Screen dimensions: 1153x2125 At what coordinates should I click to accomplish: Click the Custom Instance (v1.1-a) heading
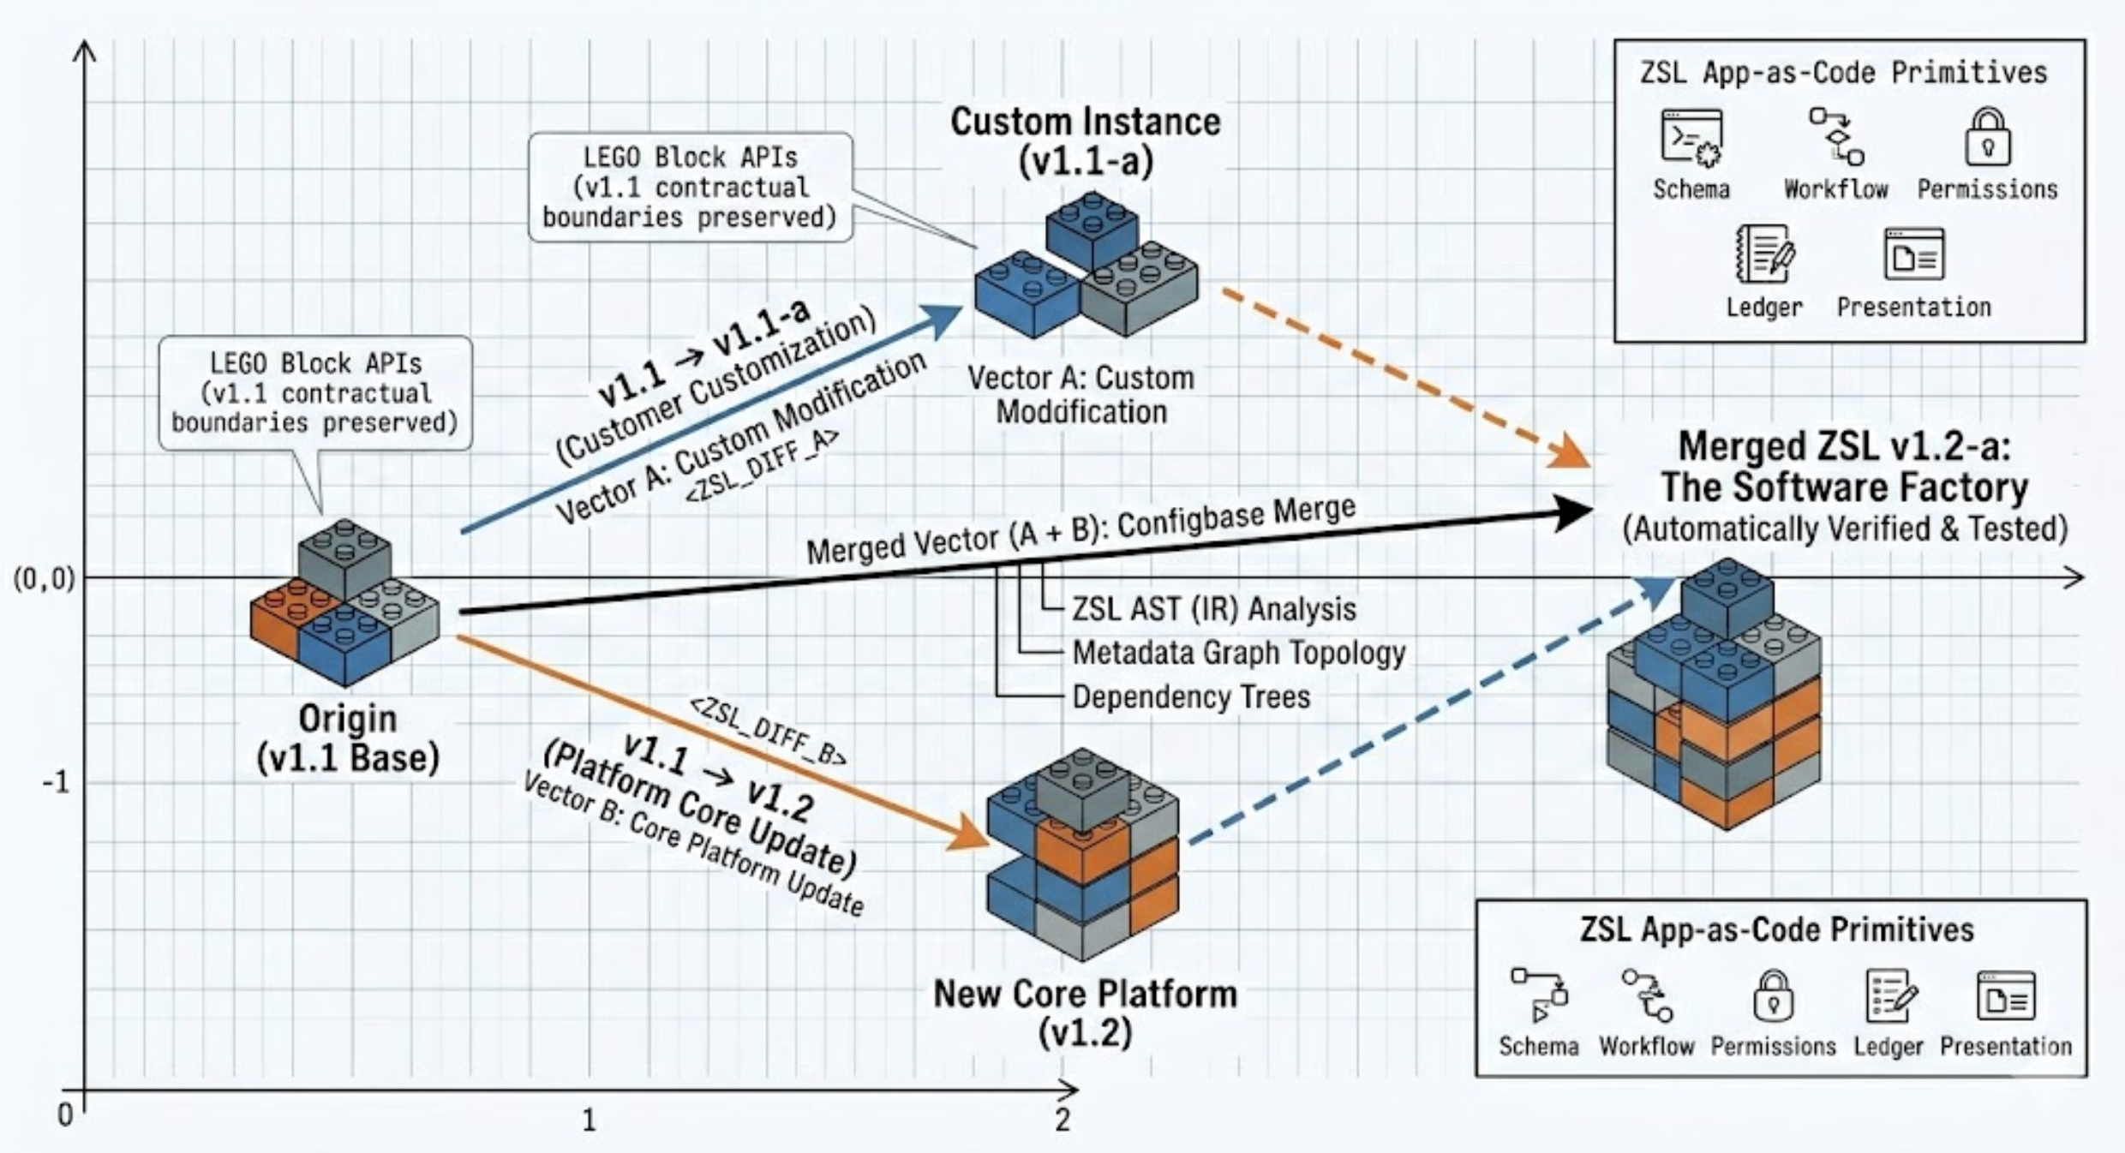1085,141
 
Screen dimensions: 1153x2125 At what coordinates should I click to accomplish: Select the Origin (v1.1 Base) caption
348,738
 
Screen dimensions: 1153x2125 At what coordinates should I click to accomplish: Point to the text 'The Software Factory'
1845,487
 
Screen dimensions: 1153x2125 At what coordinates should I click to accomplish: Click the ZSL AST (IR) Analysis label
1214,609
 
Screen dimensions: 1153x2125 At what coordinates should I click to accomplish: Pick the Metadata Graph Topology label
1238,653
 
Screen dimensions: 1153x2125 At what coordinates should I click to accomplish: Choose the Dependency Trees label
1191,697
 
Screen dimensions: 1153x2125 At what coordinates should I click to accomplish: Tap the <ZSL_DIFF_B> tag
768,731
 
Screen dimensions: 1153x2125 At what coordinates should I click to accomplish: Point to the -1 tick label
56,782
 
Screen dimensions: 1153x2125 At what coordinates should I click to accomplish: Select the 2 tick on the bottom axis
1062,1120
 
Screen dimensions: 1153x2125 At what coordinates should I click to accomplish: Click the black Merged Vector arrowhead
1572,512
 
